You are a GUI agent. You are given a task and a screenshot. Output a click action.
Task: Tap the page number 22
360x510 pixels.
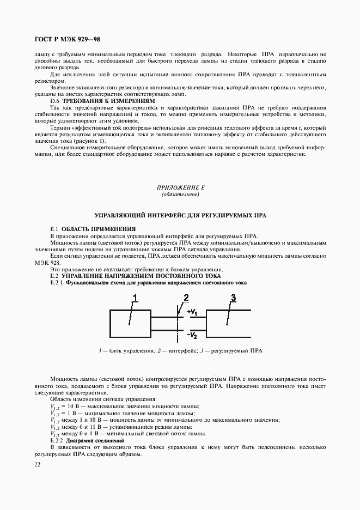coord(37,464)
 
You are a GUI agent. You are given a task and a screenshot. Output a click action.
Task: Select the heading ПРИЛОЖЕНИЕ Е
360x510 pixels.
coord(180,187)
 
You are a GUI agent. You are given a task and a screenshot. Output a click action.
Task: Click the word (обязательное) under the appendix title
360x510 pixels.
coord(180,195)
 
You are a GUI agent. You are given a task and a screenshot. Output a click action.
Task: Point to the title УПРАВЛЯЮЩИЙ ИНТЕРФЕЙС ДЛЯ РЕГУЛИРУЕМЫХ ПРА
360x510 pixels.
coord(180,216)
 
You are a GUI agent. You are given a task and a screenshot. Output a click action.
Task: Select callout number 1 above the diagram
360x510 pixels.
coord(135,297)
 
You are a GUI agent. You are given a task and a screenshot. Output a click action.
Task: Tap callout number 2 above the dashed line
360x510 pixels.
coord(186,297)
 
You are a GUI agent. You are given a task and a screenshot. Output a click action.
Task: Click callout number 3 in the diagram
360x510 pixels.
coord(233,297)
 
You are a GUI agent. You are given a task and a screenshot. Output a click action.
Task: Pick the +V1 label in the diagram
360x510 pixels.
coord(194,312)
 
